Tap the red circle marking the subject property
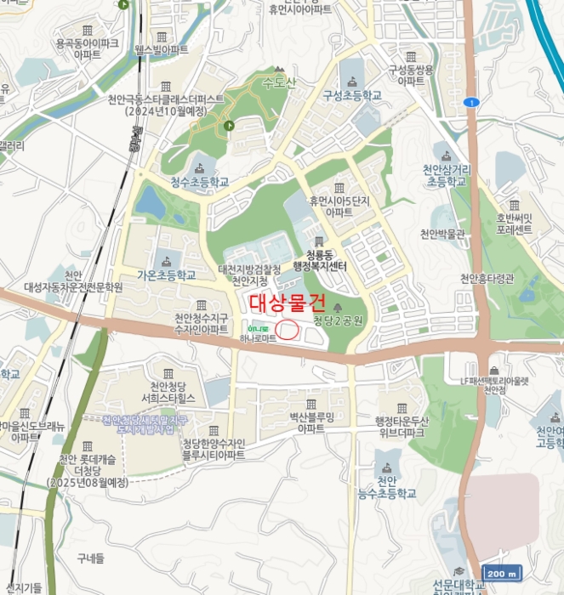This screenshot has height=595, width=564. (x=288, y=330)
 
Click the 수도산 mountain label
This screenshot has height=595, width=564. (x=278, y=82)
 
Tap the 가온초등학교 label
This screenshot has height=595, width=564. (x=167, y=275)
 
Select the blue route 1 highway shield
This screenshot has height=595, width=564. (x=472, y=102)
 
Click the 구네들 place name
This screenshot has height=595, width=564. (x=89, y=558)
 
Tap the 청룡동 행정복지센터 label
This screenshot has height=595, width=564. (x=321, y=259)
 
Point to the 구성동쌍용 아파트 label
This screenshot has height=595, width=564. (x=411, y=75)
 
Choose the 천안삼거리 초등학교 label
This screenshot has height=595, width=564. (x=447, y=175)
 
